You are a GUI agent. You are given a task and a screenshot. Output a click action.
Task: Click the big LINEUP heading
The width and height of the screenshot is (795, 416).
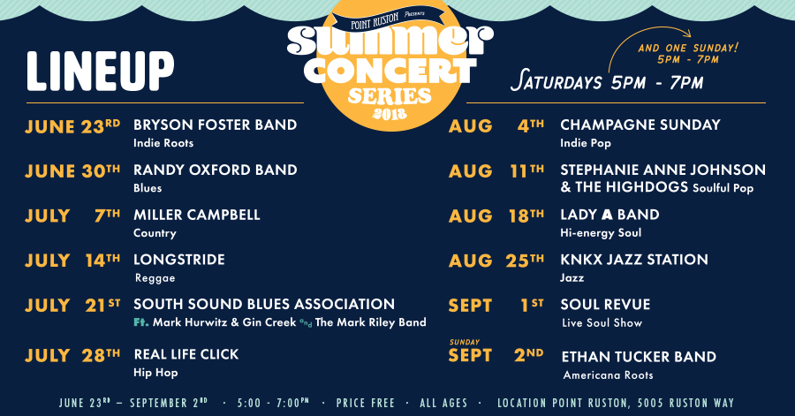pos(101,71)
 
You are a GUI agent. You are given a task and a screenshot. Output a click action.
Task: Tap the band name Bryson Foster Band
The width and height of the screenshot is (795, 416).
pos(215,125)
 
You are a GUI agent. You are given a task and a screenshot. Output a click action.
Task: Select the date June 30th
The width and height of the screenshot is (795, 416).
pos(72,171)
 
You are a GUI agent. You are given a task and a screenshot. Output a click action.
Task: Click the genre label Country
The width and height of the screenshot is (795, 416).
pos(155,233)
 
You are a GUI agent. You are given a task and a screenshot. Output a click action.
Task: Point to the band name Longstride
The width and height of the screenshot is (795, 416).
pos(179,260)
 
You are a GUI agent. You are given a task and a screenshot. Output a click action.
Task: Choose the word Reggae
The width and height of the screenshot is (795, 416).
pos(155,278)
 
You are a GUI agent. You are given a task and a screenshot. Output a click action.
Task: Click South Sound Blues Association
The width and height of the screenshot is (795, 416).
pos(264,304)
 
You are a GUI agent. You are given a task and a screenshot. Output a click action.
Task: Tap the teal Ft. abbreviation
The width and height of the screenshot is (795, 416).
pos(141,322)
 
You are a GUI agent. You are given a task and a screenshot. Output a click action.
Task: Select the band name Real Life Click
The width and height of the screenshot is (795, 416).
pos(186,354)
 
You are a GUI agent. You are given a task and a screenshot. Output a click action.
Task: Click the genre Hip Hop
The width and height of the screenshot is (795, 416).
pos(155,373)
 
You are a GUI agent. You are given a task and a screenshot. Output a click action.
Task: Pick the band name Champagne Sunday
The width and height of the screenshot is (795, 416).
pos(640,125)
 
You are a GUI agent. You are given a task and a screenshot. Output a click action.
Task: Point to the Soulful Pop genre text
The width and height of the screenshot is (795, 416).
pos(723,188)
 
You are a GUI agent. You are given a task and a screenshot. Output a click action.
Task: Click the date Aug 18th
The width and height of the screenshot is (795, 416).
pos(496,216)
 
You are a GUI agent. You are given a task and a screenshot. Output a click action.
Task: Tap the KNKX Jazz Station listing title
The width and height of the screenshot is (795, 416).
pos(634,260)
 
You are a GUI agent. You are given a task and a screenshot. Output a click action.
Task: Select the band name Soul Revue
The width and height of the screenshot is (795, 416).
pos(605,305)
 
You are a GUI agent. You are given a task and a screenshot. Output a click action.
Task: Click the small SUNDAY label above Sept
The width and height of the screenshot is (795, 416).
pos(465,342)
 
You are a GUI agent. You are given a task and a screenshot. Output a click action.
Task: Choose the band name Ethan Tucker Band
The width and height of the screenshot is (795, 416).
pos(639,357)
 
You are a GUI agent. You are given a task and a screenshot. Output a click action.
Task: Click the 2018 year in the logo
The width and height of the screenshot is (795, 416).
pos(390,114)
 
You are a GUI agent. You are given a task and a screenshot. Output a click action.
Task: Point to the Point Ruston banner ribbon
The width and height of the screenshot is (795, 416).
pos(388,19)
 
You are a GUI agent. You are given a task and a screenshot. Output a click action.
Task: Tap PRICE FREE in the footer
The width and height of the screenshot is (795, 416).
pos(365,404)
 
